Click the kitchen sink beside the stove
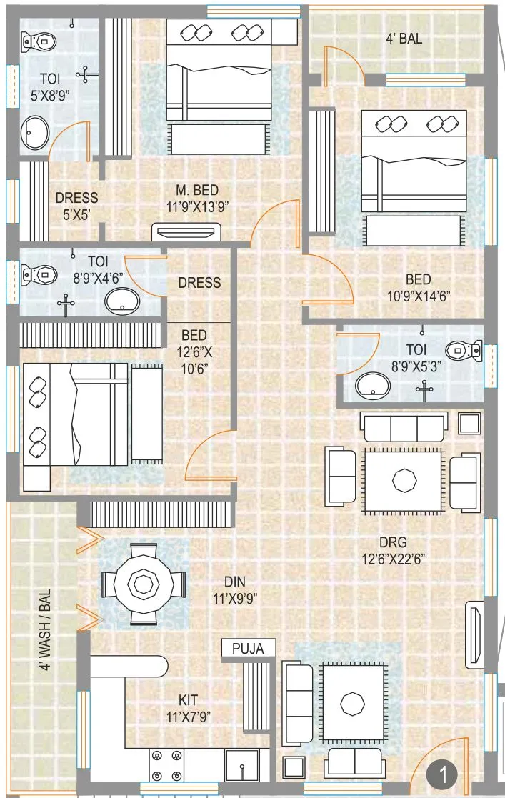tap(242, 765)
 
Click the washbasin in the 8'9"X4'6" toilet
tap(124, 301)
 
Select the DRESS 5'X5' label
tap(76, 205)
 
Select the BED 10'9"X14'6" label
tap(418, 286)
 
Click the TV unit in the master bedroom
tap(185, 232)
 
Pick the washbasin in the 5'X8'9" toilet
tap(35, 133)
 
